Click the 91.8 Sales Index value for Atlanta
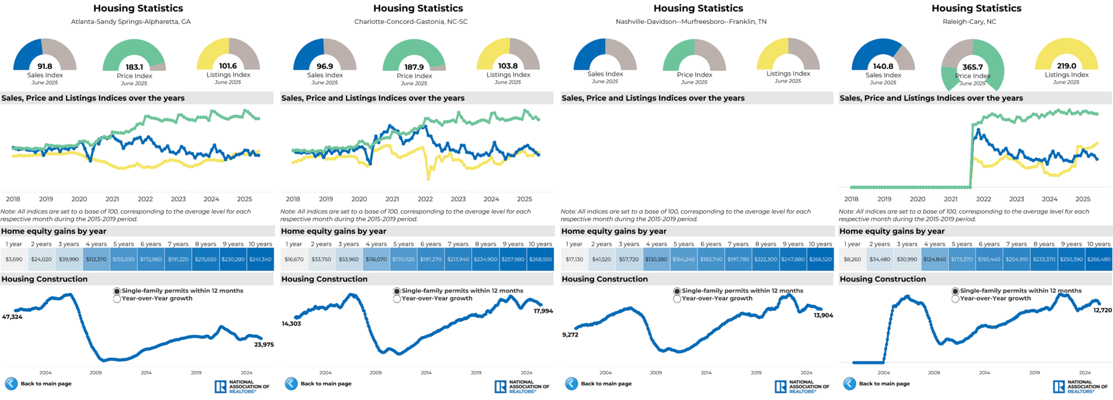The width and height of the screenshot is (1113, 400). [45, 66]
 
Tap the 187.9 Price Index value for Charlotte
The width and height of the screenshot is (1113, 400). [414, 67]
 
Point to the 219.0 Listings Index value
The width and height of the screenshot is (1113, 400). [1066, 66]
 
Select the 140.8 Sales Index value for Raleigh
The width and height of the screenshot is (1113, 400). [883, 66]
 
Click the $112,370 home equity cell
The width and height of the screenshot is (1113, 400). [96, 260]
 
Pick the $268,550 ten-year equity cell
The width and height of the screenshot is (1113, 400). [540, 260]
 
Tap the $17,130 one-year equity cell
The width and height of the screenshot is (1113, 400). [574, 260]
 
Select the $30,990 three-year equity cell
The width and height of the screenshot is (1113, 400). [907, 260]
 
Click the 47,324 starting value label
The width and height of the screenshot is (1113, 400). [12, 317]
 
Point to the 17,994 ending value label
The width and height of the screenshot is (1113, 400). [543, 311]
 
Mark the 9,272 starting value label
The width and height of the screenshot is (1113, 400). [570, 335]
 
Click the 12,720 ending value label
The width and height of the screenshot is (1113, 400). [1103, 311]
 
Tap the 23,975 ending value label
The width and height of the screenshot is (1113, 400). [264, 345]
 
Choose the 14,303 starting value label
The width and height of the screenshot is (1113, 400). [291, 324]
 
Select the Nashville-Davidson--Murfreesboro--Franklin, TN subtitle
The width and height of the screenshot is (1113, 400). [691, 22]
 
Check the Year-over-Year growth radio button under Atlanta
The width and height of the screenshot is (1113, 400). [117, 299]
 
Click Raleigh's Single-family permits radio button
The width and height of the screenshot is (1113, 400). [955, 291]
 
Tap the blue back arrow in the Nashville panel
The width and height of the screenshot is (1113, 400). [572, 384]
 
